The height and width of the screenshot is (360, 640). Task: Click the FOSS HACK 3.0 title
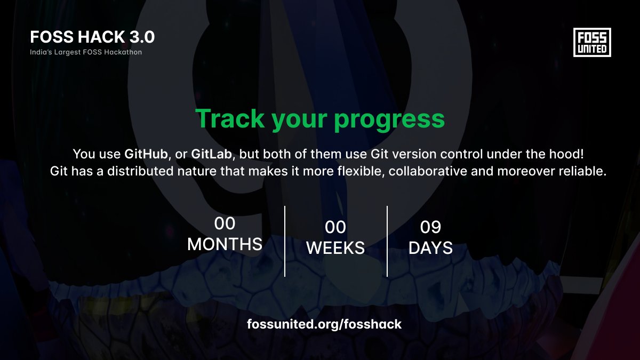click(x=92, y=37)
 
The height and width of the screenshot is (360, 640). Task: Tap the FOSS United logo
click(x=591, y=42)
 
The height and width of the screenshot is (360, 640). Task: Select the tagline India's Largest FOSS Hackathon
click(x=86, y=52)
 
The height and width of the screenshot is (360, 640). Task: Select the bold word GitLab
click(x=211, y=155)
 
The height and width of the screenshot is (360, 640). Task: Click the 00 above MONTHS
click(x=225, y=223)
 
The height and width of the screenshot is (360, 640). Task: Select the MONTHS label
click(x=225, y=244)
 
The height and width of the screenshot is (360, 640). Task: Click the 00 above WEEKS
click(x=335, y=228)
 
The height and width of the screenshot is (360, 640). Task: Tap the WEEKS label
click(x=335, y=248)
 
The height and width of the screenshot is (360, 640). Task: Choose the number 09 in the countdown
click(x=430, y=228)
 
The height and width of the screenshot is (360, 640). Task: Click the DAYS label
click(x=430, y=248)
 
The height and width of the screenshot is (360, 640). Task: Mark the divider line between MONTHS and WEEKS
click(x=285, y=241)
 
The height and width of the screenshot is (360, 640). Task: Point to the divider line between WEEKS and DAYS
click(x=387, y=241)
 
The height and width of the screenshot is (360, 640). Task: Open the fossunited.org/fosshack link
click(x=324, y=324)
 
